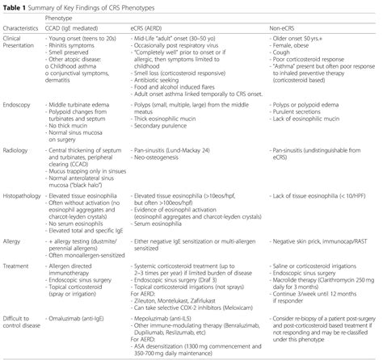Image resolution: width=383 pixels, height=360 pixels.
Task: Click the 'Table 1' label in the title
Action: click(14, 6)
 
